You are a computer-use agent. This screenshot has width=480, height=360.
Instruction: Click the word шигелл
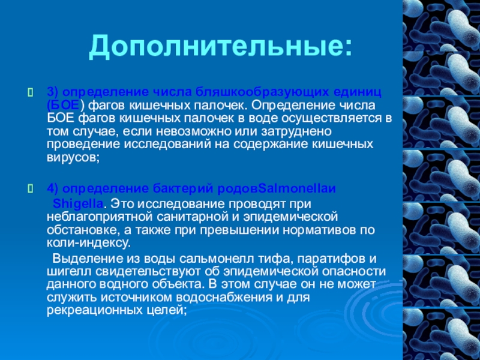[x=64, y=271]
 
